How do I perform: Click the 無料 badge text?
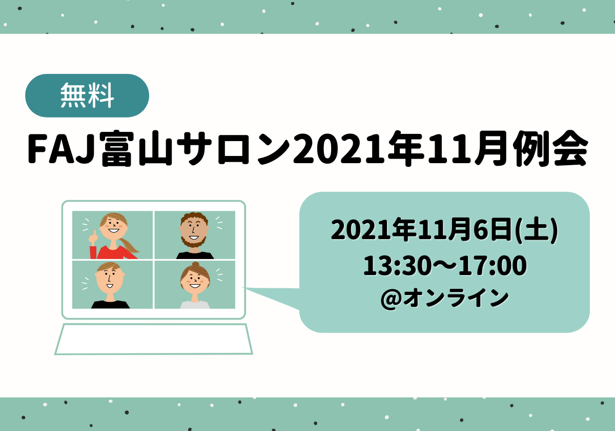tap(87, 95)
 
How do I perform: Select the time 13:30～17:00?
tap(445, 265)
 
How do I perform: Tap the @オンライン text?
tap(445, 298)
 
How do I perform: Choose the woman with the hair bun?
tap(195, 285)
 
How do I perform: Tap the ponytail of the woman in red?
tap(130, 245)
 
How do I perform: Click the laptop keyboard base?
tap(153, 339)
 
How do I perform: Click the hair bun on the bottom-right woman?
tap(195, 264)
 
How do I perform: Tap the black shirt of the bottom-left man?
tap(110, 305)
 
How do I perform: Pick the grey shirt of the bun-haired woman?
tap(195, 305)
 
